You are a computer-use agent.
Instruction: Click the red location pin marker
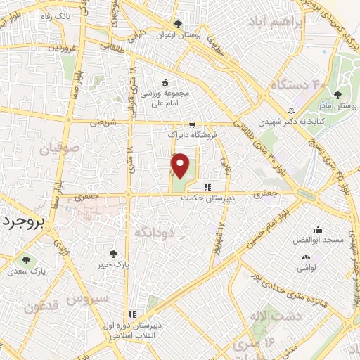[x=181, y=166]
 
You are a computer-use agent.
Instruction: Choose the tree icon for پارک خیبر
[x=113, y=254]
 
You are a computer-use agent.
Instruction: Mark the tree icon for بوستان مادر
[x=338, y=94]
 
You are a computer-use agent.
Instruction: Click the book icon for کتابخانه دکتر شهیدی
[x=292, y=110]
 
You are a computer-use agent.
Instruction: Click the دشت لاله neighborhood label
[x=300, y=316]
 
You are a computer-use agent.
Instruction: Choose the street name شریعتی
[x=102, y=122]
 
